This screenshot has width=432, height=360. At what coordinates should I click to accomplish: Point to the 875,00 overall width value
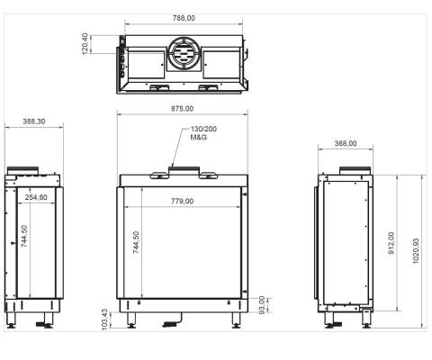tap(183, 109)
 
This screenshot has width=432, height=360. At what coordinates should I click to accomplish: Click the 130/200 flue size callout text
tap(202, 131)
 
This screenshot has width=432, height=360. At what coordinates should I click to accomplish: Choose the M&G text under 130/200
tap(198, 140)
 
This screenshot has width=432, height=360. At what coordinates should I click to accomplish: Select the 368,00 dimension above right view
tap(346, 143)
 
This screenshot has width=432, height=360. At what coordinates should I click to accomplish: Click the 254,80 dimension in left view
tap(37, 197)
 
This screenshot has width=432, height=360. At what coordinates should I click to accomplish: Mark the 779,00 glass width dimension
tap(183, 201)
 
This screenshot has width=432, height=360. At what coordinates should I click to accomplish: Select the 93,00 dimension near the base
tap(262, 305)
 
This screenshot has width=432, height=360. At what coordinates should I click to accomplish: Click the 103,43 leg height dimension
tap(105, 320)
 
